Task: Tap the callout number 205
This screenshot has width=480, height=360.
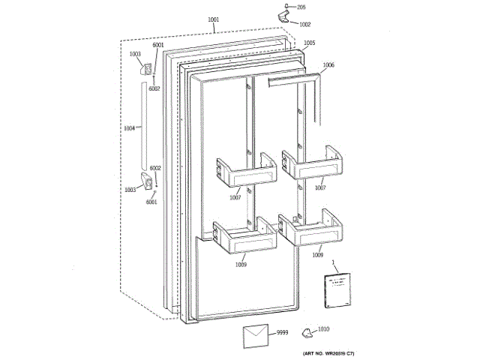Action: click(x=301, y=7)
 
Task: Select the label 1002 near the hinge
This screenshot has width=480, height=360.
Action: click(x=304, y=24)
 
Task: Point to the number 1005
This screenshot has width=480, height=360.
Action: click(x=310, y=43)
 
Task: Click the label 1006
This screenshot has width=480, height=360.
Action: click(x=328, y=65)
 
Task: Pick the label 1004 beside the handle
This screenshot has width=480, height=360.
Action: click(x=130, y=128)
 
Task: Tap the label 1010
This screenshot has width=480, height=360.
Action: click(x=323, y=329)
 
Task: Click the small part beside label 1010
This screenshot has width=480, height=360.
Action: click(x=306, y=332)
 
